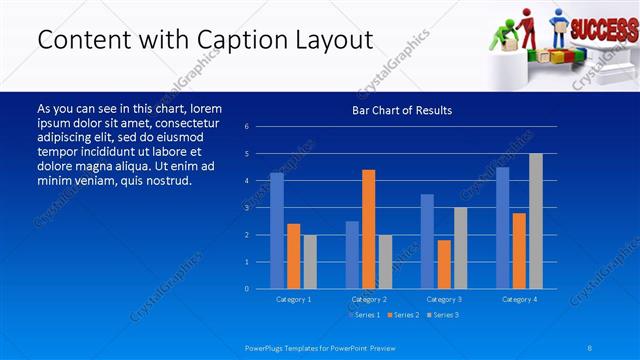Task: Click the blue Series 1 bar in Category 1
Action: pos(277,231)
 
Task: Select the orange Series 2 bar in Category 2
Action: pos(369,229)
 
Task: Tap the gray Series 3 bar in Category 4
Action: pos(536,221)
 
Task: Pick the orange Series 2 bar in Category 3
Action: pos(444,264)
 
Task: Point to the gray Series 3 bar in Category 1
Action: pos(310,262)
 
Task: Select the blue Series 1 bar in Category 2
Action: pos(352,255)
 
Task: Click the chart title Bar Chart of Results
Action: pos(402,110)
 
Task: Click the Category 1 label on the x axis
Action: pos(293,299)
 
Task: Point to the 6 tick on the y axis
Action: pos(260,127)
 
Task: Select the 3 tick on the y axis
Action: pos(260,208)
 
